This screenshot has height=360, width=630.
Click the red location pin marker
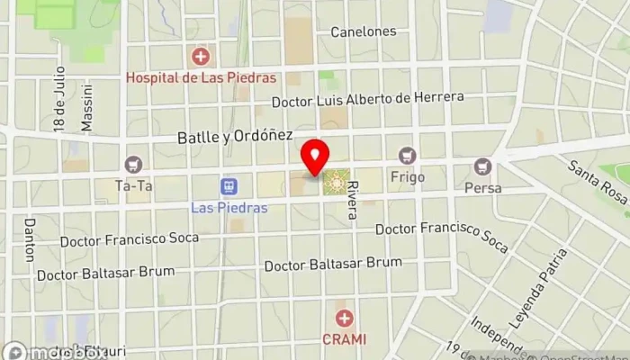pyautogui.click(x=314, y=157)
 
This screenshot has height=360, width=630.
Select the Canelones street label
pyautogui.click(x=363, y=31)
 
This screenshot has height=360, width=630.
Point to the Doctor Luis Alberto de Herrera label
pyautogui.click(x=367, y=98)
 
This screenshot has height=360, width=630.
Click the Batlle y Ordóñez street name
pyautogui.click(x=234, y=135)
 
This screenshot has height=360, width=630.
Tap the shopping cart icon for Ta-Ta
pyautogui.click(x=134, y=164)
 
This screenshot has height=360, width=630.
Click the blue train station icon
pyautogui.click(x=229, y=186)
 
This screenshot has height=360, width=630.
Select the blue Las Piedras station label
pyautogui.click(x=229, y=206)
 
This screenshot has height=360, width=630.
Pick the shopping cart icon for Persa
pyautogui.click(x=483, y=166)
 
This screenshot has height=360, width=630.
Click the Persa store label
pyautogui.click(x=482, y=188)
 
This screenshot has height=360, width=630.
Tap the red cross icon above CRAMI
pyautogui.click(x=344, y=318)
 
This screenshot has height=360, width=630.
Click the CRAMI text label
pyautogui.click(x=344, y=339)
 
